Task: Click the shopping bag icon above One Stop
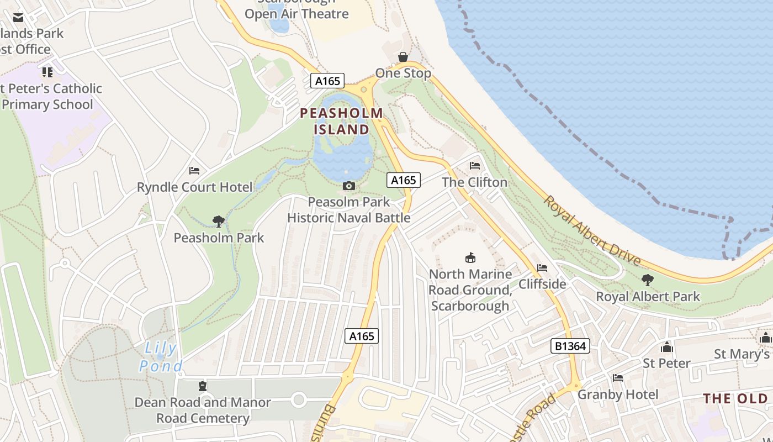pyautogui.click(x=403, y=57)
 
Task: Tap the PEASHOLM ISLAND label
pyautogui.click(x=342, y=122)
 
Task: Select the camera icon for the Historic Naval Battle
pyautogui.click(x=348, y=186)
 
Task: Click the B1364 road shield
pyautogui.click(x=570, y=346)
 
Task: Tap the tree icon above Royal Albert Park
pyautogui.click(x=647, y=280)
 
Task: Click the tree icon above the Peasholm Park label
pyautogui.click(x=219, y=222)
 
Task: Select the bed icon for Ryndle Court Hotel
pyautogui.click(x=194, y=171)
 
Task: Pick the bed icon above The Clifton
pyautogui.click(x=474, y=166)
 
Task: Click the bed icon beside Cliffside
pyautogui.click(x=542, y=268)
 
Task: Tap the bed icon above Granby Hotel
pyautogui.click(x=618, y=378)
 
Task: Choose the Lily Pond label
pyautogui.click(x=161, y=357)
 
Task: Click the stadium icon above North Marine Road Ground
pyautogui.click(x=470, y=257)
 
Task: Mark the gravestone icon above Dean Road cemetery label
pyautogui.click(x=203, y=386)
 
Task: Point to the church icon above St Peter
pyautogui.click(x=667, y=347)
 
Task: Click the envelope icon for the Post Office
pyautogui.click(x=18, y=18)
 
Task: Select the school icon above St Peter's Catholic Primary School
pyautogui.click(x=47, y=72)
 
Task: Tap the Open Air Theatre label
pyautogui.click(x=297, y=13)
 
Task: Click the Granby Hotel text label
pyautogui.click(x=618, y=394)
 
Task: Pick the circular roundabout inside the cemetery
pyautogui.click(x=299, y=399)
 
